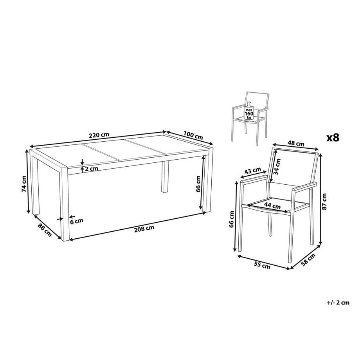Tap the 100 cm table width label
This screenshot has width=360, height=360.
coord(193,135)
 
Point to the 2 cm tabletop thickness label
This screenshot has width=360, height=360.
coord(92,169)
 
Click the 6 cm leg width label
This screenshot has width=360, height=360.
coord(76,221)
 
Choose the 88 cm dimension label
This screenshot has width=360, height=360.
coord(45,230)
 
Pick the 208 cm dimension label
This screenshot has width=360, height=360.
coord(144,229)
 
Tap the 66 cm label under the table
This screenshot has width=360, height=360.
coord(198,184)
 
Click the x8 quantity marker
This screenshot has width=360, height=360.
coord(333,138)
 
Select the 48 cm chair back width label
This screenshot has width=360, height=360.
coord(296,144)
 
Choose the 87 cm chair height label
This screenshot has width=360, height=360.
coord(324,202)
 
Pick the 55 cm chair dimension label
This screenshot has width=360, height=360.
coord(262,265)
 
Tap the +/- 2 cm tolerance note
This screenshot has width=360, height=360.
coord(338,302)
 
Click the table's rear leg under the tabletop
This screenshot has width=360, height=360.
coord(165,176)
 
